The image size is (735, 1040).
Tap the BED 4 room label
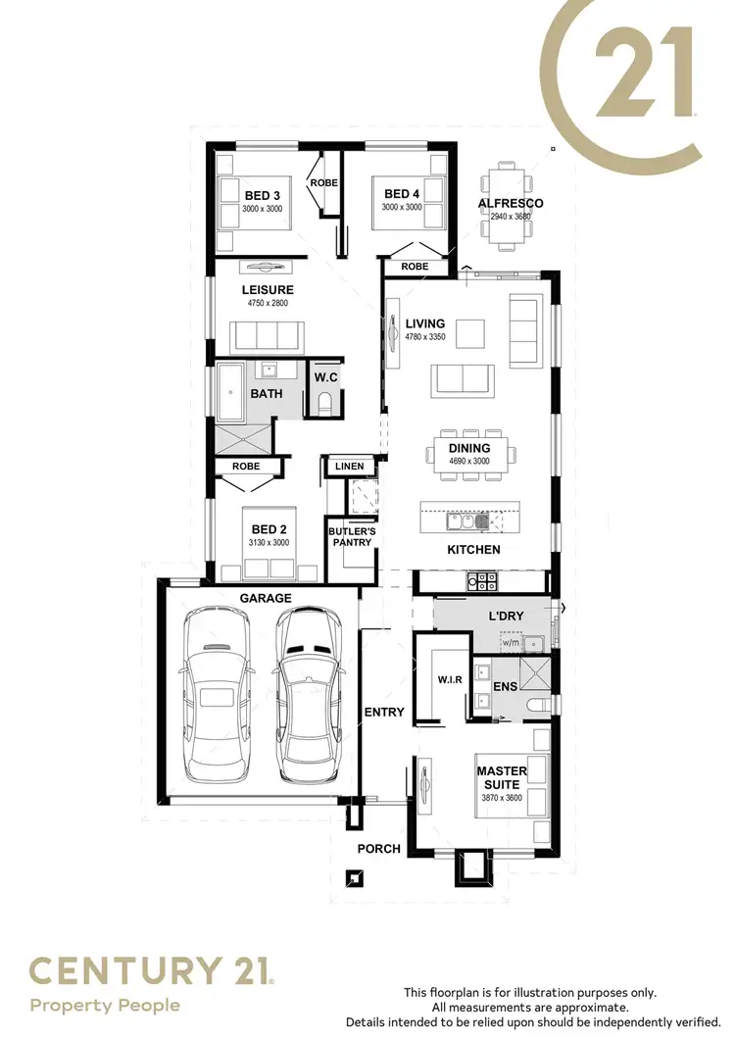(402, 194)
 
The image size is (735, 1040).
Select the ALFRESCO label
(510, 203)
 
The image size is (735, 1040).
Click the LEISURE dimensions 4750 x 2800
(268, 303)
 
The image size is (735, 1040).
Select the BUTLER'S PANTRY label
(352, 537)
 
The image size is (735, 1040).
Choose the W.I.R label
(450, 679)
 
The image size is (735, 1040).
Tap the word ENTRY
(384, 712)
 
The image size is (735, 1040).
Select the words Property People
(105, 1006)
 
